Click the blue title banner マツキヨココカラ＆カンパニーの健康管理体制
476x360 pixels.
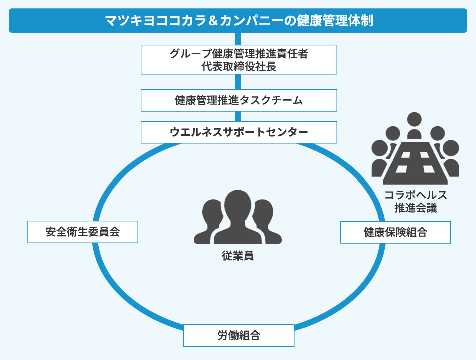coord(239,21)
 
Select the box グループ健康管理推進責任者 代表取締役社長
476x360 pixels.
coord(239,59)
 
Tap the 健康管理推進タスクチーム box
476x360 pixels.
coord(239,100)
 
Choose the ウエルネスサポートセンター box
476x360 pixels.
coord(239,132)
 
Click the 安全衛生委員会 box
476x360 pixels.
coord(82,232)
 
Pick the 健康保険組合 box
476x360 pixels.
coord(395,232)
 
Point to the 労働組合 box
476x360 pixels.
coord(239,335)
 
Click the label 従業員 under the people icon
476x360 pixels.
coord(237,256)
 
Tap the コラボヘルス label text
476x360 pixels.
coord(415,196)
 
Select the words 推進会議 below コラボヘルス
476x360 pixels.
coord(415,208)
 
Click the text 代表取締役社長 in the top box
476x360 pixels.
coord(239,66)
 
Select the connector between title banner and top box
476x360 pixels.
coord(239,39)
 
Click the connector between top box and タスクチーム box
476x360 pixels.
coord(239,82)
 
